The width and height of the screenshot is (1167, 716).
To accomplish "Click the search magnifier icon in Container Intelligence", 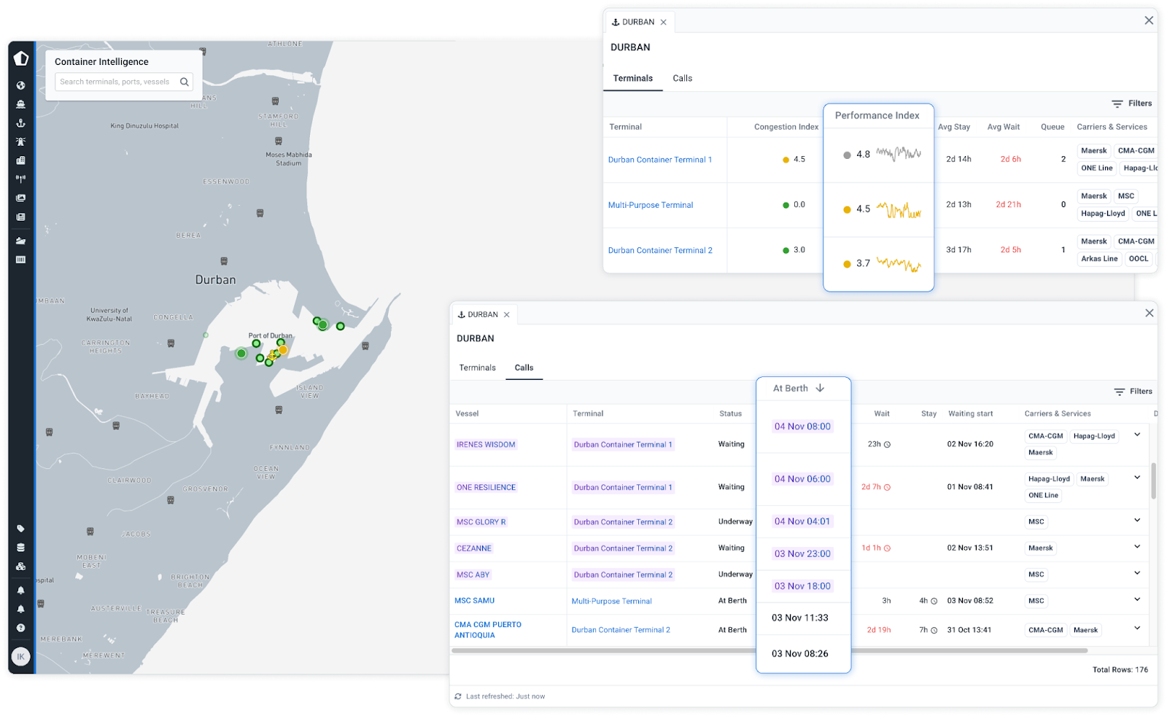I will pos(185,82).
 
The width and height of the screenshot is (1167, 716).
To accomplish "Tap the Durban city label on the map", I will pos(215,280).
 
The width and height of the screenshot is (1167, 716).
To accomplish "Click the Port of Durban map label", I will pos(270,336).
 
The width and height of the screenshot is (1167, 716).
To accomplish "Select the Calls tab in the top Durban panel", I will pos(682,78).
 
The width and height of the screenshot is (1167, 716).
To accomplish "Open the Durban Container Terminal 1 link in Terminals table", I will pos(659,160).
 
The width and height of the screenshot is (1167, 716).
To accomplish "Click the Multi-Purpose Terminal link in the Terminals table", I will pos(650,205).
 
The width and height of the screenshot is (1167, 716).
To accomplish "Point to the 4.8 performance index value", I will pos(863,155).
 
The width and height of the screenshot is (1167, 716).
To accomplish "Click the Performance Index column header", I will pos(877,115).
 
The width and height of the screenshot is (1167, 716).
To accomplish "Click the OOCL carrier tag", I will pos(1138,259).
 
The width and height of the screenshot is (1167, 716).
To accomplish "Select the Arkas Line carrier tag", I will pos(1098,259).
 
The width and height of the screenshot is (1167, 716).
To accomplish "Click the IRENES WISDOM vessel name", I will pos(486,445).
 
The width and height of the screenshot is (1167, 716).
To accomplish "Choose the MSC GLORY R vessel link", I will pos(481,522).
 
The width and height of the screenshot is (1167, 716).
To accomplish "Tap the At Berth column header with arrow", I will pos(798,389).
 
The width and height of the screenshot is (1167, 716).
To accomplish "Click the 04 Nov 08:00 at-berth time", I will pos(802,427).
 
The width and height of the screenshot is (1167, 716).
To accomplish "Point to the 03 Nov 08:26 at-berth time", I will pos(799,654).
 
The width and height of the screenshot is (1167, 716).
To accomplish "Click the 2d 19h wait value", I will pos(878,630).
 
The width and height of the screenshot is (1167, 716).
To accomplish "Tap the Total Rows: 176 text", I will pos(1120,669).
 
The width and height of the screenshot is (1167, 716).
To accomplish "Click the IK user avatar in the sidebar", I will pos(20,657).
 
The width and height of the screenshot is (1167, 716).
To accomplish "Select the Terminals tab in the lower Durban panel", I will pos(477,367).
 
